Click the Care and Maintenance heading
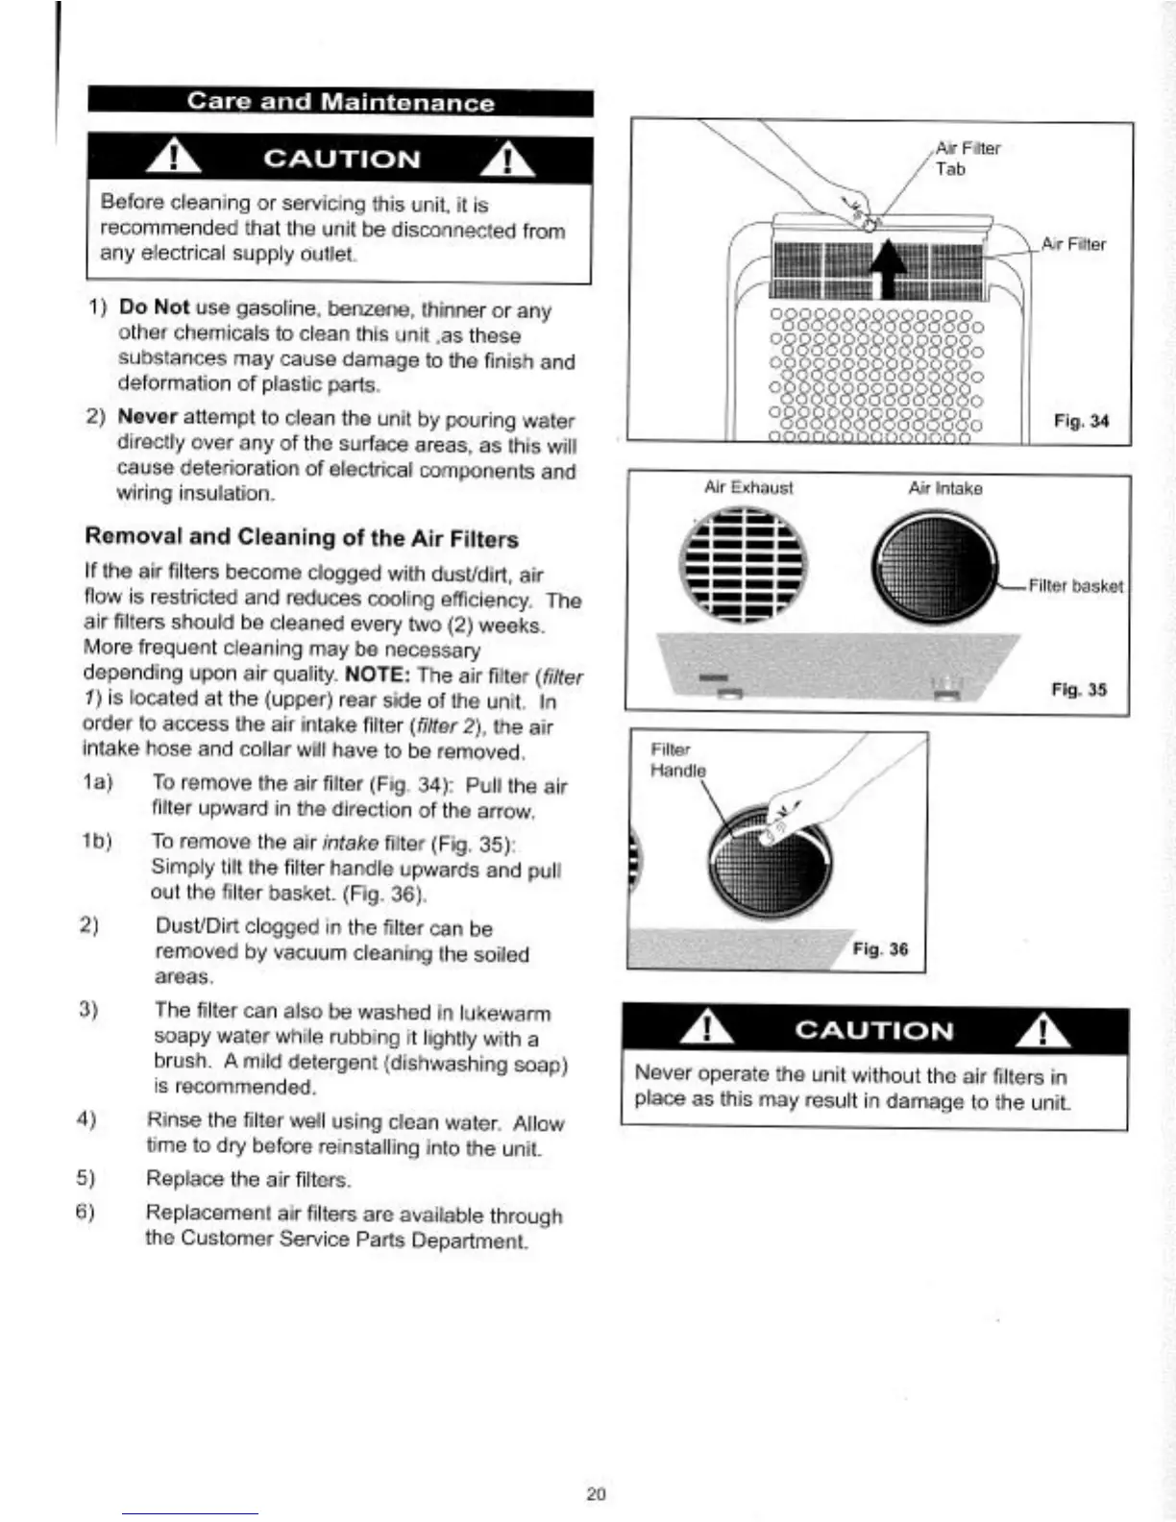[340, 102]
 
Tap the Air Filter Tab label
[968, 159]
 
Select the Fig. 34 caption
[1081, 421]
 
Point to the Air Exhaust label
[748, 487]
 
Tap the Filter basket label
[1075, 586]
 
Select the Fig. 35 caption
[1079, 690]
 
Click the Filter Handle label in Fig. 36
[677, 760]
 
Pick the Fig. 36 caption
[880, 949]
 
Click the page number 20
[596, 1494]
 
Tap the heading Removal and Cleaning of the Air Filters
[302, 537]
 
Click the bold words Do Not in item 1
[154, 307]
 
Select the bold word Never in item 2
[147, 417]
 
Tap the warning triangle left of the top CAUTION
[173, 159]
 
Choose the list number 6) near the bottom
[86, 1212]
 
